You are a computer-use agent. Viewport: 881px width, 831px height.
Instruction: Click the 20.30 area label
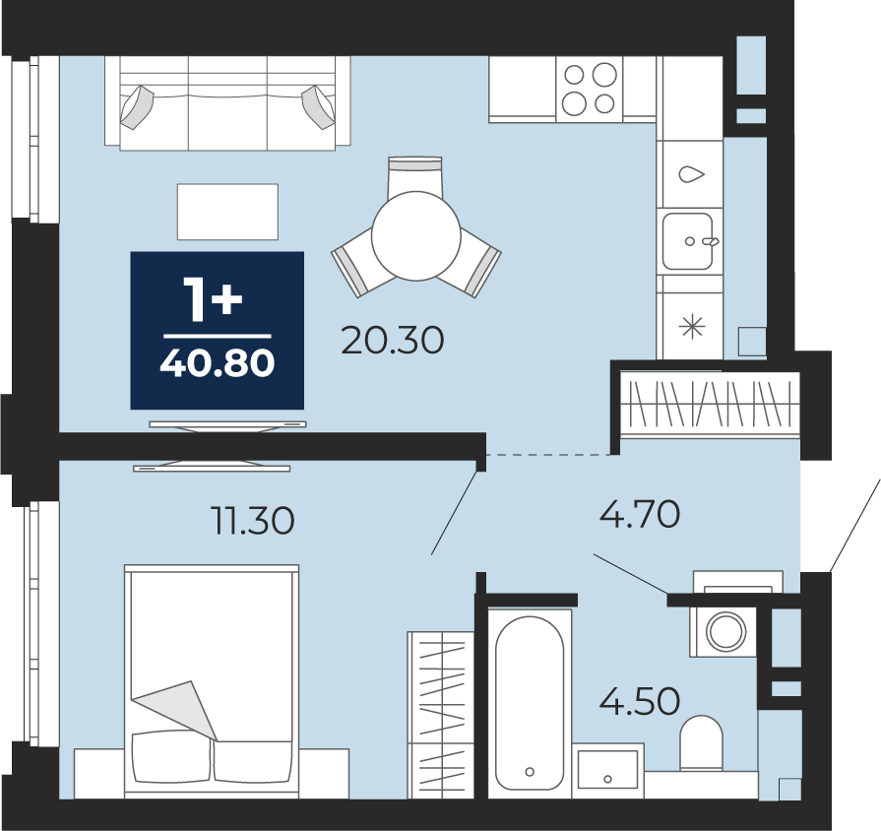click(x=392, y=341)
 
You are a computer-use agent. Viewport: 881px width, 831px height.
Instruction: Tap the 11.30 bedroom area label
click(x=253, y=520)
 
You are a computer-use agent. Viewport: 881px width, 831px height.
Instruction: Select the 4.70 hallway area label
click(x=640, y=514)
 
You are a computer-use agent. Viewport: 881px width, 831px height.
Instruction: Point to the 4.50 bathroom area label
click(x=640, y=701)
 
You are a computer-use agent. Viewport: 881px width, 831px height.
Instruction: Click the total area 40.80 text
click(x=218, y=363)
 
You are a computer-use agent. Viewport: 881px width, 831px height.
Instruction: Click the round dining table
click(x=416, y=235)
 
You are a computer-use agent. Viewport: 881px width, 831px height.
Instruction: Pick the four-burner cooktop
click(x=590, y=90)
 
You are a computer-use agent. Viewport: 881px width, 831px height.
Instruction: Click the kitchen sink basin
click(x=688, y=241)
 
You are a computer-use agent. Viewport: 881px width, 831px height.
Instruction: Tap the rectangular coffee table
click(x=227, y=212)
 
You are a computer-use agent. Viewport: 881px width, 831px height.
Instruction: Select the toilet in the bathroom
click(x=701, y=742)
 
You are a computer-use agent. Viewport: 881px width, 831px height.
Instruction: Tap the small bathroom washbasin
click(x=608, y=766)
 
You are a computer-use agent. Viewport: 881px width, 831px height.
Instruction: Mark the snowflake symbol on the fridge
click(x=692, y=327)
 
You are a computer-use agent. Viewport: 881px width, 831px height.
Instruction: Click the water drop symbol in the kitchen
click(x=692, y=174)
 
